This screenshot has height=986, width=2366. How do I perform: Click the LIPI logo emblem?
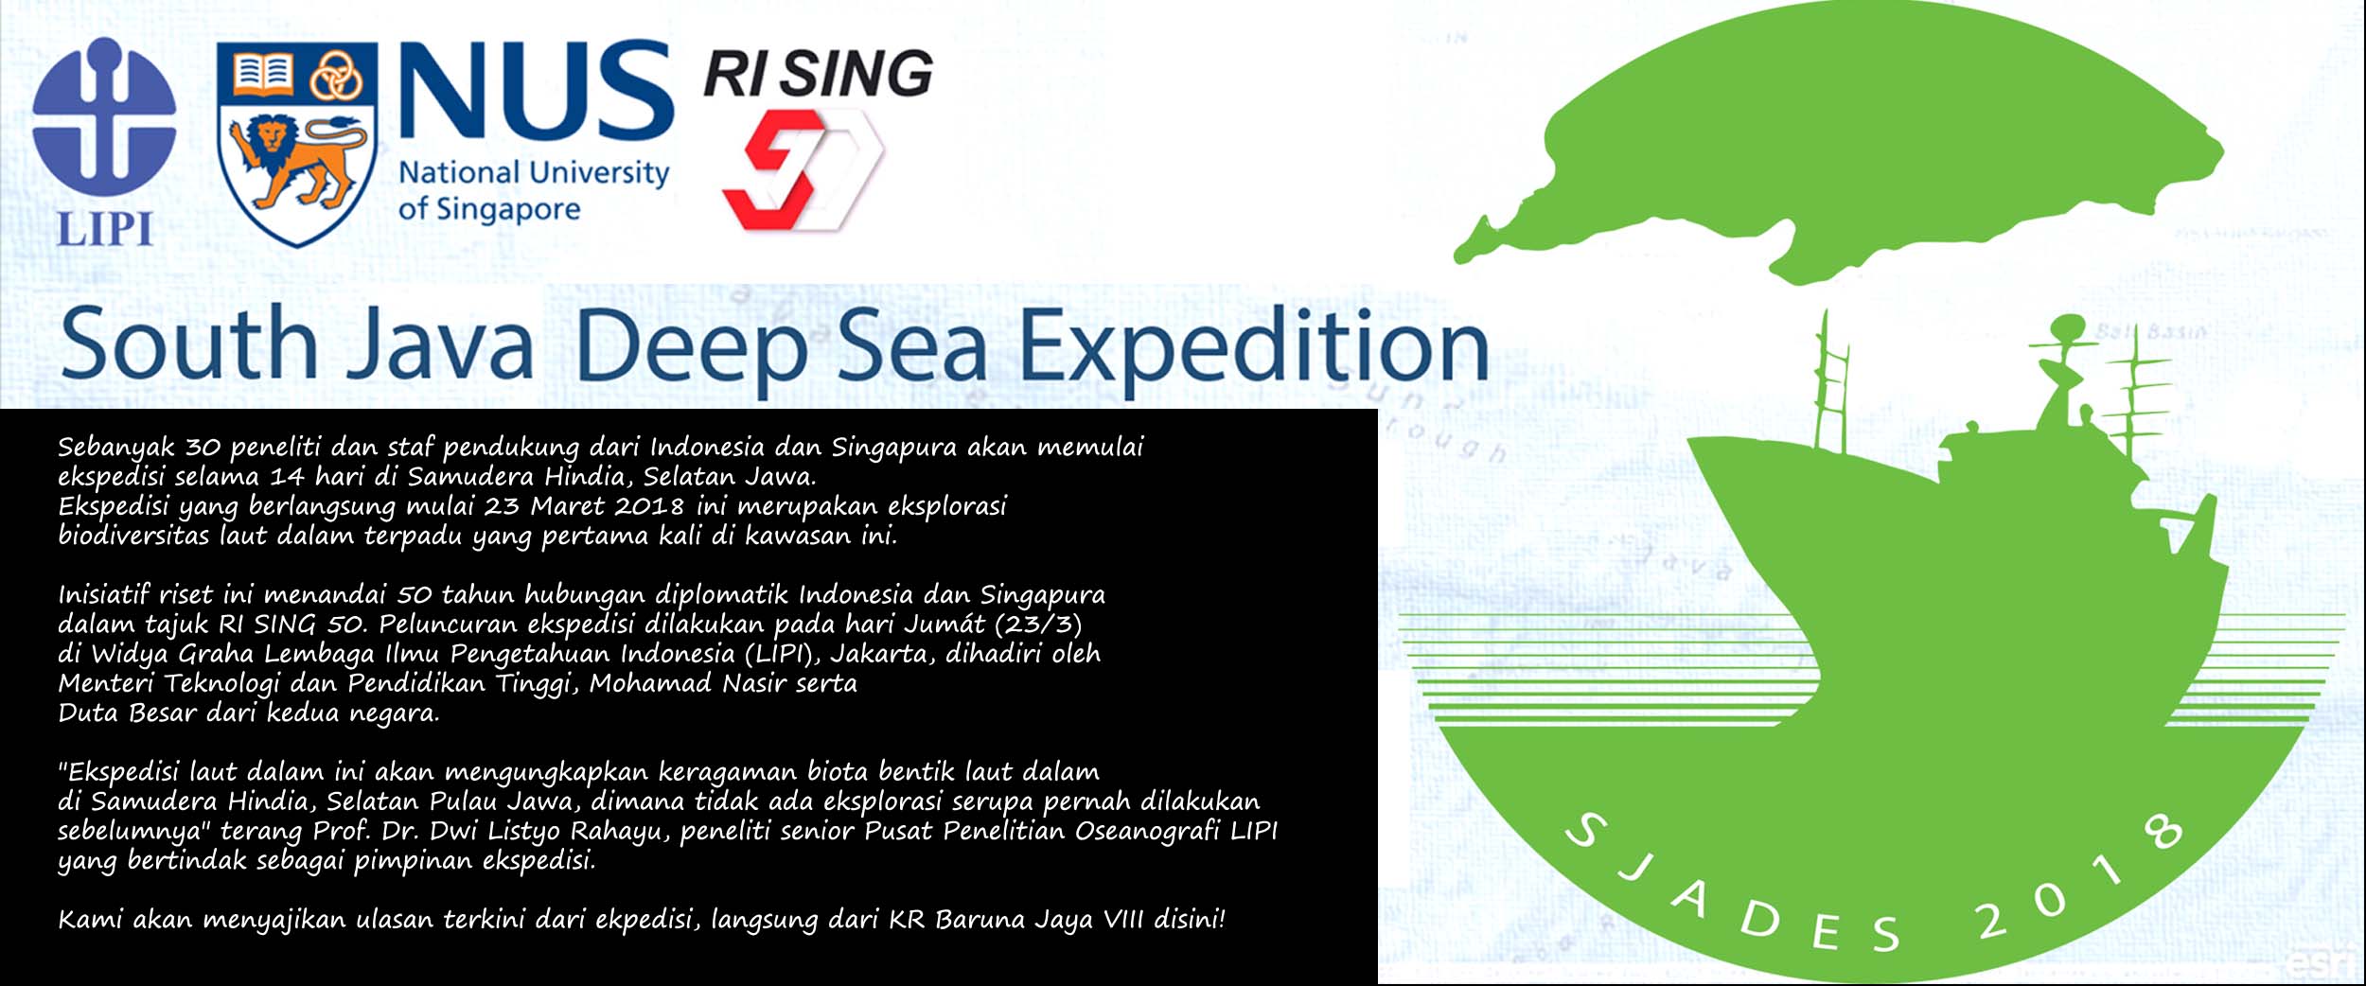[104, 118]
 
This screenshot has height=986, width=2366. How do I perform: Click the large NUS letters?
[536, 91]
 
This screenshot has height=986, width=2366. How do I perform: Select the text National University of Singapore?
[534, 191]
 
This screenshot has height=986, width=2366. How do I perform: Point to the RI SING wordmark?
[819, 74]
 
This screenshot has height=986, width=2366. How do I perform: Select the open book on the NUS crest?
[262, 74]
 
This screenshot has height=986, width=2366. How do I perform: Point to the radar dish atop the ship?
[2070, 331]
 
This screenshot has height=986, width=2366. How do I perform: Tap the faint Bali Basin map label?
[2151, 332]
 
